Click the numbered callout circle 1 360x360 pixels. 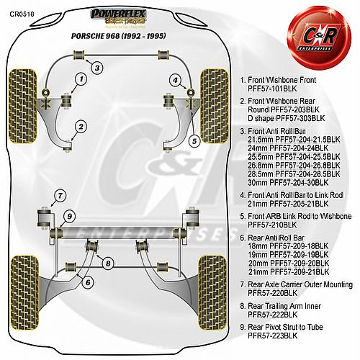click(x=81, y=79)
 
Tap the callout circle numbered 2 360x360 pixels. click(x=81, y=127)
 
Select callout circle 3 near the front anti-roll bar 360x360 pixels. click(x=97, y=68)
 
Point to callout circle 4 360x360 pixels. click(x=176, y=80)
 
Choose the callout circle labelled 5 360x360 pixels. click(x=194, y=141)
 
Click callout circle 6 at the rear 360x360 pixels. click(x=88, y=282)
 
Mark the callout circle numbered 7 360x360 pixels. click(x=60, y=196)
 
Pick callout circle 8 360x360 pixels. click(x=108, y=264)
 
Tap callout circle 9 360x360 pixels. click(x=70, y=216)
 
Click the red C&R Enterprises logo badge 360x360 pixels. click(x=319, y=38)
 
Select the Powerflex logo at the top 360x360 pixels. click(x=118, y=17)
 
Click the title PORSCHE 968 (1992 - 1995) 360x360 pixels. click(x=119, y=36)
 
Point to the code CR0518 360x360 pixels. click(x=22, y=14)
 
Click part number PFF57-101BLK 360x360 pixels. click(x=272, y=89)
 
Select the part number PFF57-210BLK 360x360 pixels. click(x=272, y=225)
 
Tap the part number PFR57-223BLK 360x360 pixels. click(x=272, y=336)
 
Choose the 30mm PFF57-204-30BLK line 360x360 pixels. click(x=288, y=183)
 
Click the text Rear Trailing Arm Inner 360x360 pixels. click(x=284, y=306)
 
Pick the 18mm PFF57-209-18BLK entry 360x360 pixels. click(x=288, y=246)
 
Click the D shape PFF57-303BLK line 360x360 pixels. click(x=286, y=118)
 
